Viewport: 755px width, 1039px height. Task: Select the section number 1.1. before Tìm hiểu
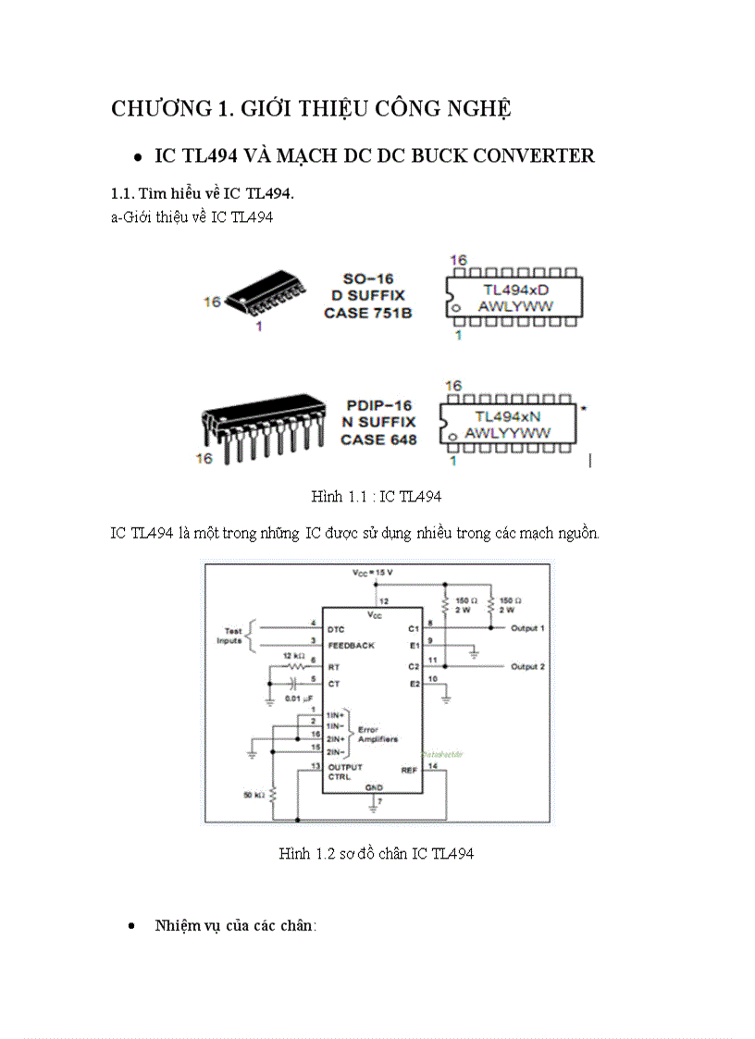pos(123,193)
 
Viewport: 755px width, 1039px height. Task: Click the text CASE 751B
pos(367,313)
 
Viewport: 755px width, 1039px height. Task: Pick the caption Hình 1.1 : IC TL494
pos(376,497)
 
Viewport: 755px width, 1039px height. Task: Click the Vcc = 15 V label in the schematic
pos(372,573)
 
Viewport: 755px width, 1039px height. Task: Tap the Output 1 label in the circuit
pos(527,628)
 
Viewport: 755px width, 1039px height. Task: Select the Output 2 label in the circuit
pos(527,666)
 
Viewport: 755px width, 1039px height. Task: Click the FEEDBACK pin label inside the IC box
pos(351,645)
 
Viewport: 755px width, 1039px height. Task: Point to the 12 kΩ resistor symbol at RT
pos(296,665)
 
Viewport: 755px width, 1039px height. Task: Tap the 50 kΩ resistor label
pos(254,795)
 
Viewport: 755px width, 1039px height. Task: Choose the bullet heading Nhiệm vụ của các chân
pos(235,925)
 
